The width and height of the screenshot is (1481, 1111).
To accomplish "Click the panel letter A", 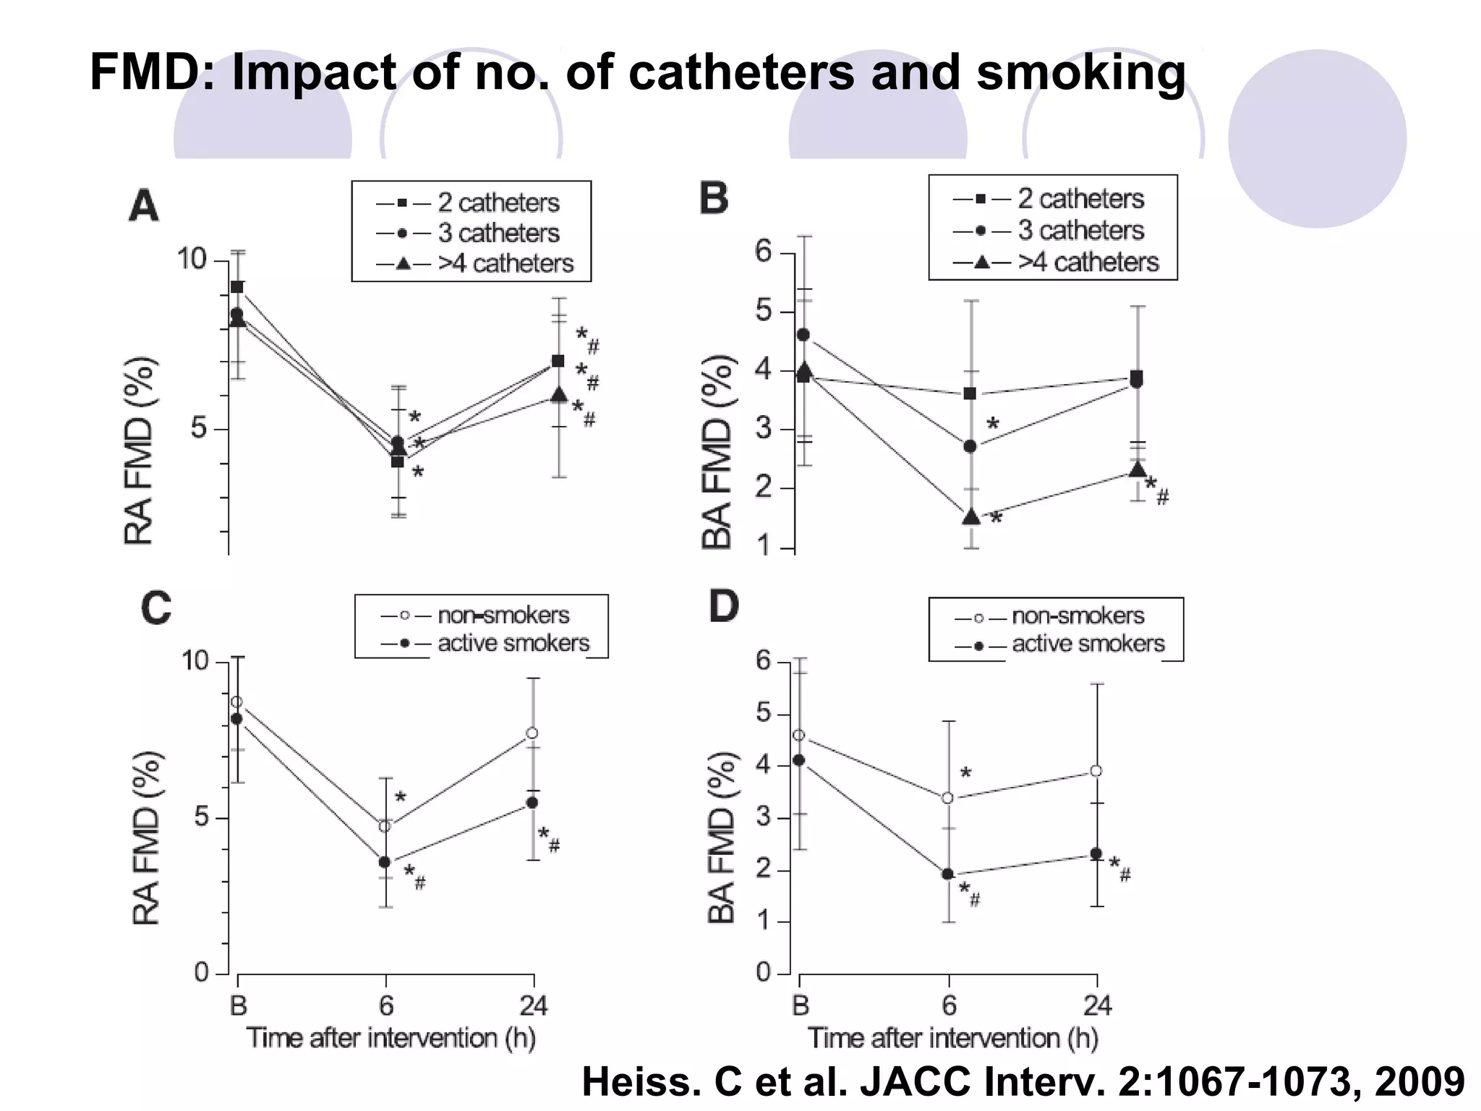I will coord(143,206).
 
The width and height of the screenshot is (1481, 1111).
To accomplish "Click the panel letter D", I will coord(723,606).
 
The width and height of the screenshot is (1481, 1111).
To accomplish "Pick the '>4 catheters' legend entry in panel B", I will coord(1088,262).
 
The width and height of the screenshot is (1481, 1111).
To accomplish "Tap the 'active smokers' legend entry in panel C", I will coord(513,643).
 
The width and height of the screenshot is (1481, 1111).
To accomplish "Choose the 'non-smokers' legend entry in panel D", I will coord(1077,616).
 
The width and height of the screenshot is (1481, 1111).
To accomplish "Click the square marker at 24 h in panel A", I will coord(558,361).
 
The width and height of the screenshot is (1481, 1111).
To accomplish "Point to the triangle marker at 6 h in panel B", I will coord(971,516).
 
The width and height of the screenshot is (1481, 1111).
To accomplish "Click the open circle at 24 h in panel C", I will coord(532,733).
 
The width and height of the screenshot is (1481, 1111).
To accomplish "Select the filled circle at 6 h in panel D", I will coord(947,874).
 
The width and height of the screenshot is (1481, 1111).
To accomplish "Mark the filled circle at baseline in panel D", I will coord(798,759).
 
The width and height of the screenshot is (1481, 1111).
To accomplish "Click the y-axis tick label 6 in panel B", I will coord(764,252).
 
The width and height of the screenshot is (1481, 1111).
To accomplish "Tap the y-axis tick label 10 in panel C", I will coord(195,660).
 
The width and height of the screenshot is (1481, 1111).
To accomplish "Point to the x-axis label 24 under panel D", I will coord(1097,1005).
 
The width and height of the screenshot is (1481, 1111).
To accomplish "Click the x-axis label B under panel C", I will coord(238,1005).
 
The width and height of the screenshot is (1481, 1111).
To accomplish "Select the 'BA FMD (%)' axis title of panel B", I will coord(717,452).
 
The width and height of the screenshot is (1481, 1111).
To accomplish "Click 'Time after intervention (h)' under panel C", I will coord(391,1038).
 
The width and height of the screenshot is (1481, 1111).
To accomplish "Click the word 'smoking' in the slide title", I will coord(1080,72).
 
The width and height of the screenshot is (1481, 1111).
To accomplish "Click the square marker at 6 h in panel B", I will coord(970,393).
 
